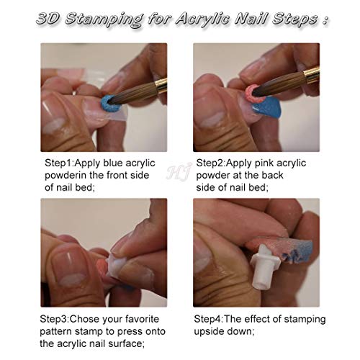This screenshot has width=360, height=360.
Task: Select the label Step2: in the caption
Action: pos(215,162)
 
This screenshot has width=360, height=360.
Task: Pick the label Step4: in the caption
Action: pos(215,319)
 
